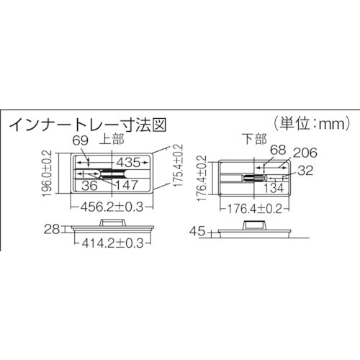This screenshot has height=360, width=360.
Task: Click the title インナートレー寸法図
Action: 87,124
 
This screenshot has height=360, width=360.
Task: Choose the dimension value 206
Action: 305,153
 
